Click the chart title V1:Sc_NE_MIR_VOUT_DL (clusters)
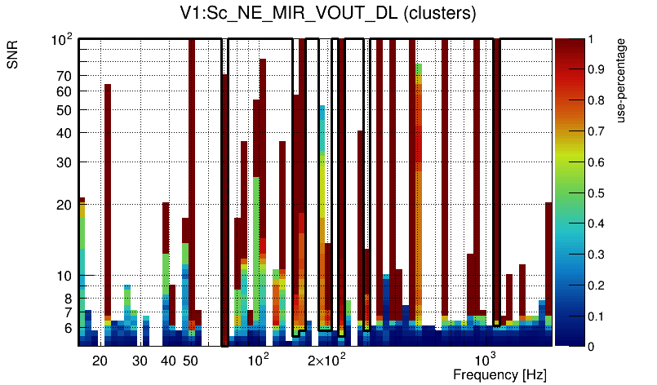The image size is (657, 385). coord(328,14)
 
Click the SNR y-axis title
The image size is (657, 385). coord(14,57)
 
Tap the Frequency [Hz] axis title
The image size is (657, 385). coord(499,374)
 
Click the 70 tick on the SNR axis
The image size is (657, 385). coord(64,76)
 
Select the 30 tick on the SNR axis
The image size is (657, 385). coord(64,162)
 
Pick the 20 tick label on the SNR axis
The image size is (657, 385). coord(64,205)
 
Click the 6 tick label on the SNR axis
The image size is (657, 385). coord(68,329)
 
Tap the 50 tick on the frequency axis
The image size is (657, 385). coord(189,361)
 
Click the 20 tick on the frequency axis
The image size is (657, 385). coord(100,361)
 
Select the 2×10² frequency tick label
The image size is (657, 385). coord(327,360)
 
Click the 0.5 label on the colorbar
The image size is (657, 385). coord(597,192)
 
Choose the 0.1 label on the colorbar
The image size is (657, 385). coord(597,316)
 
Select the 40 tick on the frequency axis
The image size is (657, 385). coord(168,361)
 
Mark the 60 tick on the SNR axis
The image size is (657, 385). coord(64,91)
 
